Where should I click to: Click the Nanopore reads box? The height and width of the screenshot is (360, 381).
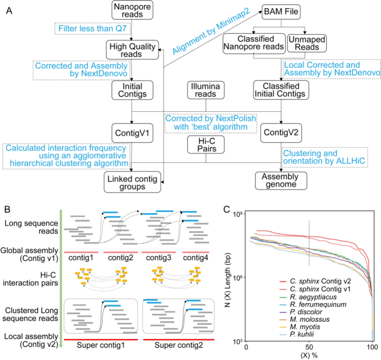[x=132, y=10]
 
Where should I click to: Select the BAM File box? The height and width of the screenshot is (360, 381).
[x=281, y=12]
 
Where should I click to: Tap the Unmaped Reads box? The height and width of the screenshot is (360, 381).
[x=307, y=43]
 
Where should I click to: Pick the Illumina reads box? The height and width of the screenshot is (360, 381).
[x=206, y=90]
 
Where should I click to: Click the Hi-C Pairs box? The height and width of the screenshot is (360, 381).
[x=206, y=145]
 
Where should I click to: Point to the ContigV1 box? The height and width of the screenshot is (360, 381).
[x=132, y=133]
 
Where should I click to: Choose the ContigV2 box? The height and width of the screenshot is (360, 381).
[x=281, y=133]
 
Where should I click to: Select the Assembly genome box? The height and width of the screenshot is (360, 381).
[x=281, y=181]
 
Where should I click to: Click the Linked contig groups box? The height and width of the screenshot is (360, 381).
[x=132, y=182]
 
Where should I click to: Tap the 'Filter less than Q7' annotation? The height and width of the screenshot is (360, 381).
[x=93, y=28]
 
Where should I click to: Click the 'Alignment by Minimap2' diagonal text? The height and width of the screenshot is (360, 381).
[x=211, y=31]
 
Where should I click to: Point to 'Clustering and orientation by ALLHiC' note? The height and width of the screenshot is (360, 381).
[x=325, y=157]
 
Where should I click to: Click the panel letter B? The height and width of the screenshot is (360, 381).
[x=7, y=209]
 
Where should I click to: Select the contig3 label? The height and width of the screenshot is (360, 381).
[x=158, y=258]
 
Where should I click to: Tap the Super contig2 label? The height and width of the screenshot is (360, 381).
[x=178, y=345]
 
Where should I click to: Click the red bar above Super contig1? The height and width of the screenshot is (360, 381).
[x=101, y=340]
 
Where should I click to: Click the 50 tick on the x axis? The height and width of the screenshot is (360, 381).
[x=309, y=347]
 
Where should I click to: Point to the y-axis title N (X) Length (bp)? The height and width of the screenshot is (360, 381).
[x=227, y=280]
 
